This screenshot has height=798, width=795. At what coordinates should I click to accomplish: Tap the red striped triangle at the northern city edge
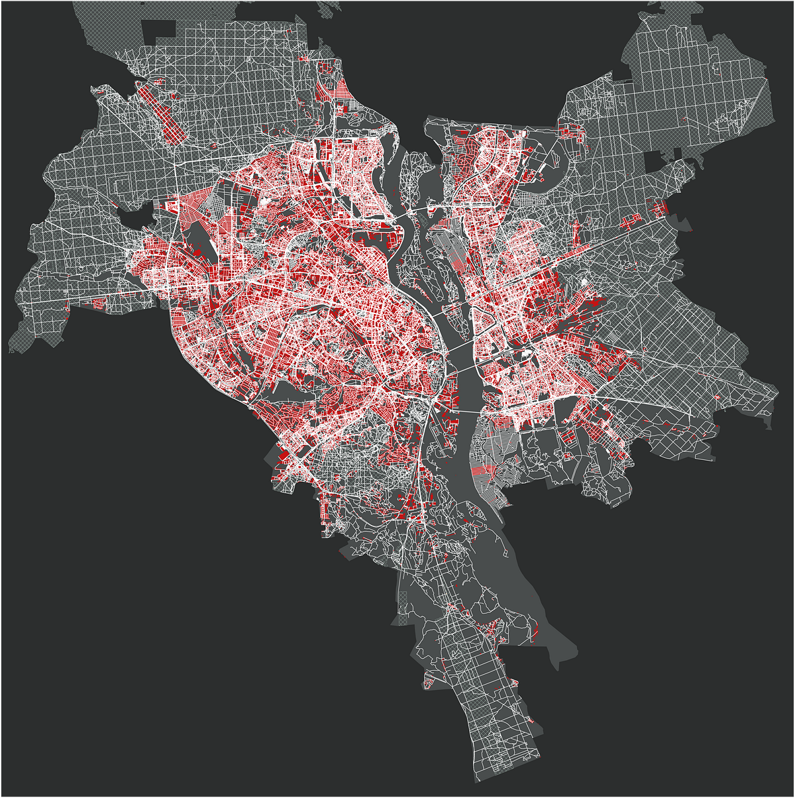(343, 89)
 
